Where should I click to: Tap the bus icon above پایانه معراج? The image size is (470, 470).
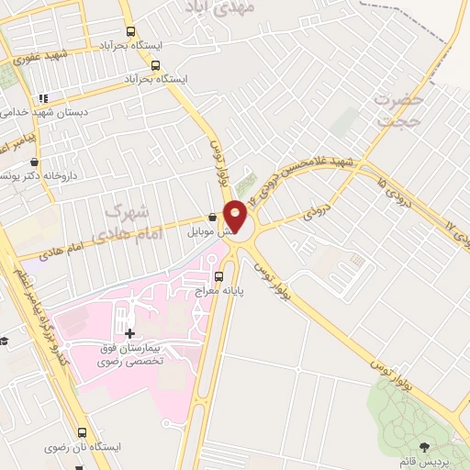click(218, 275)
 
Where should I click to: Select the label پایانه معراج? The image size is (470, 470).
click(217, 290)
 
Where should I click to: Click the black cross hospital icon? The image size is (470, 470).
click(129, 333)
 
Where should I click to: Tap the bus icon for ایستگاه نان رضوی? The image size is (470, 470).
click(82, 432)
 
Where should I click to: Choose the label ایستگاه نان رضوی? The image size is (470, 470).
click(87, 447)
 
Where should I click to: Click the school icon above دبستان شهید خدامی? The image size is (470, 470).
click(42, 98)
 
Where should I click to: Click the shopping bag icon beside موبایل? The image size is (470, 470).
click(213, 218)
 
